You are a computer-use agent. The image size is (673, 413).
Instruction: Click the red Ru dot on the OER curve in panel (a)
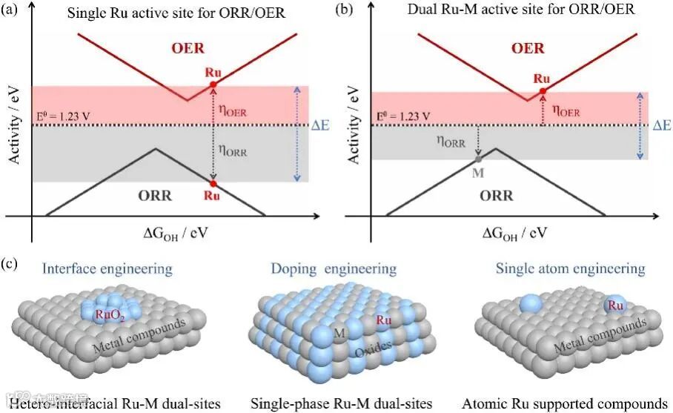[x=213, y=85]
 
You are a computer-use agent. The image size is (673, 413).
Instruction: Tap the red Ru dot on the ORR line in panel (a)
[x=213, y=183]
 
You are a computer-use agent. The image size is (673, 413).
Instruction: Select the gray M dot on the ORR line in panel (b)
[x=478, y=159]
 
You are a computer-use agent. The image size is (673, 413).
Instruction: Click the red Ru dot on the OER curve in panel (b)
[x=543, y=90]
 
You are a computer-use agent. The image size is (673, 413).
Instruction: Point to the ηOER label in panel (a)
[x=233, y=111]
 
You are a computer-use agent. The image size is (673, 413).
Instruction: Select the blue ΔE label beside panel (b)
[x=663, y=125]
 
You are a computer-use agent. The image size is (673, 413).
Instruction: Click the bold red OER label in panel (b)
[x=528, y=49]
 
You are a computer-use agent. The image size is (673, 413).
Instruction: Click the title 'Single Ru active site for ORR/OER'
[x=165, y=13]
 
